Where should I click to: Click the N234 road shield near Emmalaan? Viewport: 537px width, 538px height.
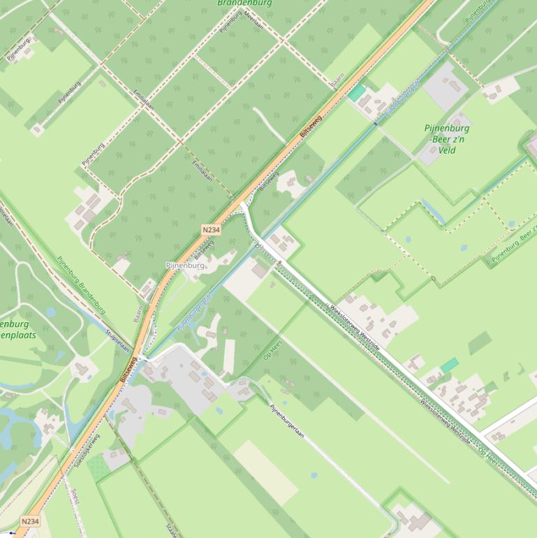(211, 230)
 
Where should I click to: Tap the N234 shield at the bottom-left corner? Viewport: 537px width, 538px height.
(30, 521)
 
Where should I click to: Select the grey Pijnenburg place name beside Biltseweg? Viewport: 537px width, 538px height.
(185, 266)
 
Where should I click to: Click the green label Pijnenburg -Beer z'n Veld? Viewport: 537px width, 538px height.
(446, 139)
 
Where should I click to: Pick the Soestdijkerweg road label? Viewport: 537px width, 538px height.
(89, 451)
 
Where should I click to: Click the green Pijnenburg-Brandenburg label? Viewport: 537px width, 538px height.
(82, 286)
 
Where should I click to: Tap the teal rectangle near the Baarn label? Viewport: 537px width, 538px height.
(357, 93)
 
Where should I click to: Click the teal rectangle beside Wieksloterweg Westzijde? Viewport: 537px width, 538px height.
(449, 365)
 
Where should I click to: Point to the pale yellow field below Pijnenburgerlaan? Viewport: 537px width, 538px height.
(265, 472)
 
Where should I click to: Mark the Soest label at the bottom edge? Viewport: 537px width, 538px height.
(75, 496)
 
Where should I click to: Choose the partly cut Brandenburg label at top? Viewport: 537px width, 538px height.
(244, 3)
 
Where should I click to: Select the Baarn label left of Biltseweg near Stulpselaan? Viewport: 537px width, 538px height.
(138, 312)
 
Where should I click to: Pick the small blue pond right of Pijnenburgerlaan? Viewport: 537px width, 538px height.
(314, 476)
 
